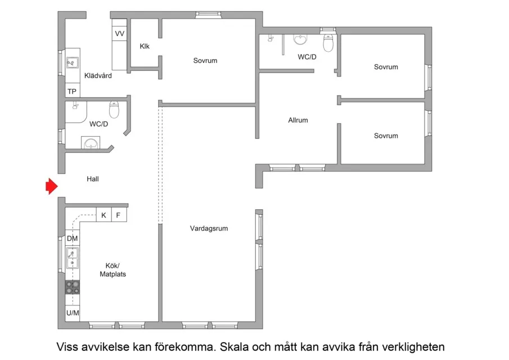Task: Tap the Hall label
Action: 93,179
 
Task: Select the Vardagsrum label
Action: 209,228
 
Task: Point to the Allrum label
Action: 298,120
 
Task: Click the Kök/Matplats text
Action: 112,270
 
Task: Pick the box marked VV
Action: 120,34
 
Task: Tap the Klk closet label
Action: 145,46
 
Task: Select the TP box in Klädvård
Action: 72,91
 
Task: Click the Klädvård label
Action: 98,75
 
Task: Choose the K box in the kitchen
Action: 103,215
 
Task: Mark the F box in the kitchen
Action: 118,215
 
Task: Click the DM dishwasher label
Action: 72,238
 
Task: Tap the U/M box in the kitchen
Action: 73,313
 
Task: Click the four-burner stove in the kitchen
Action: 73,287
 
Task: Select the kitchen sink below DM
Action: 73,258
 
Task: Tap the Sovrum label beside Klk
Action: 205,61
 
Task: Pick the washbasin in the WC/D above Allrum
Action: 300,39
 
